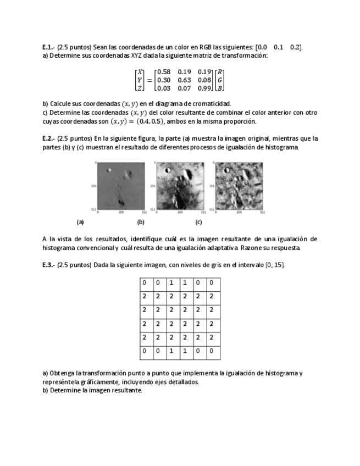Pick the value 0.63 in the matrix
184,80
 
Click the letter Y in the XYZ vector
140,80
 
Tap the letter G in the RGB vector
220,80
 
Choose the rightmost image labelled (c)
239,186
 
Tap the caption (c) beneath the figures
198,223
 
